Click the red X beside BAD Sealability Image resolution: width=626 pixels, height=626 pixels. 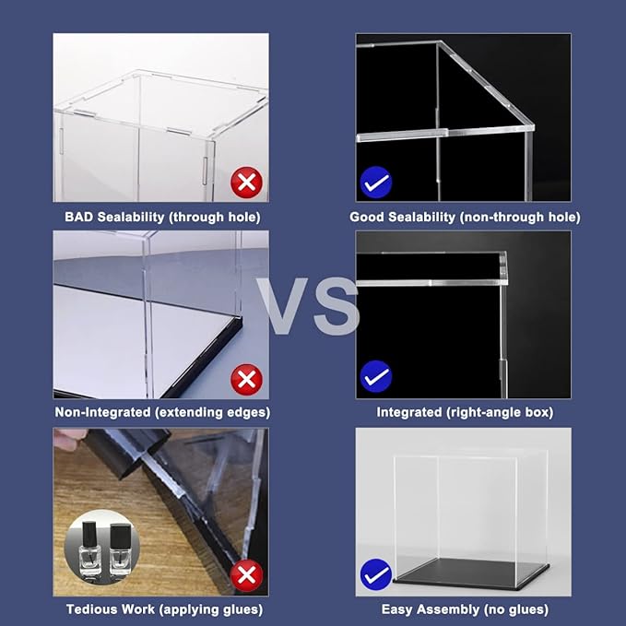pyautogui.click(x=246, y=182)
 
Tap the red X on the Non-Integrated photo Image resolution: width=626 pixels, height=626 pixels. pyautogui.click(x=246, y=378)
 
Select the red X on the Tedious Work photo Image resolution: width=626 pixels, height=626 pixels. pyautogui.click(x=246, y=576)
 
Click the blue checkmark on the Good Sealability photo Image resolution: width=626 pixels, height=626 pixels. pyautogui.click(x=376, y=182)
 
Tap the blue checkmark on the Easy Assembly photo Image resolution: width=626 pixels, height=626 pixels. pyautogui.click(x=376, y=576)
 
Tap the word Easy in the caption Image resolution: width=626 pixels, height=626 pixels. pyautogui.click(x=397, y=609)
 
